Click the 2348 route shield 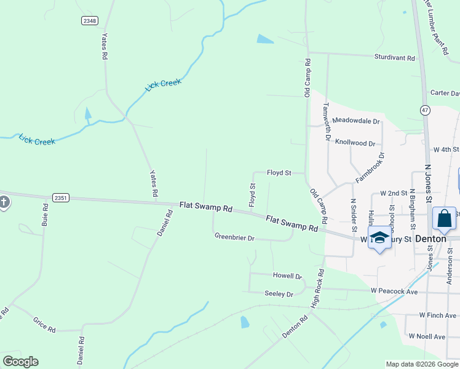[89, 21]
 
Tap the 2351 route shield [61, 197]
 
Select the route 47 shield [425, 110]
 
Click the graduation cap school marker [379, 238]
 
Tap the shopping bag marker [445, 220]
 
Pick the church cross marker [4, 202]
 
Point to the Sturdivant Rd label [394, 58]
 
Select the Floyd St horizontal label [279, 173]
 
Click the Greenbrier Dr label [234, 237]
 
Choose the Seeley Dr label [279, 294]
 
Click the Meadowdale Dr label [355, 121]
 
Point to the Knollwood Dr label [355, 142]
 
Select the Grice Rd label [44, 325]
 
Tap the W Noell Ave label [427, 337]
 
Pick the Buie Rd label [44, 214]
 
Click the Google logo [20, 362]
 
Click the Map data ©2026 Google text [421, 364]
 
